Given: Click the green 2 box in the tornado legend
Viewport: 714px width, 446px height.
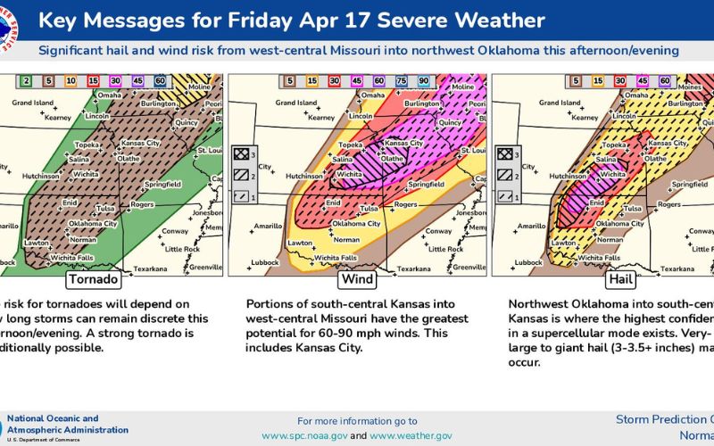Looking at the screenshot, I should [x=27, y=81].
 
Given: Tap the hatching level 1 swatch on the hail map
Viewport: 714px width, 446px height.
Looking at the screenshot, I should [x=504, y=196].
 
